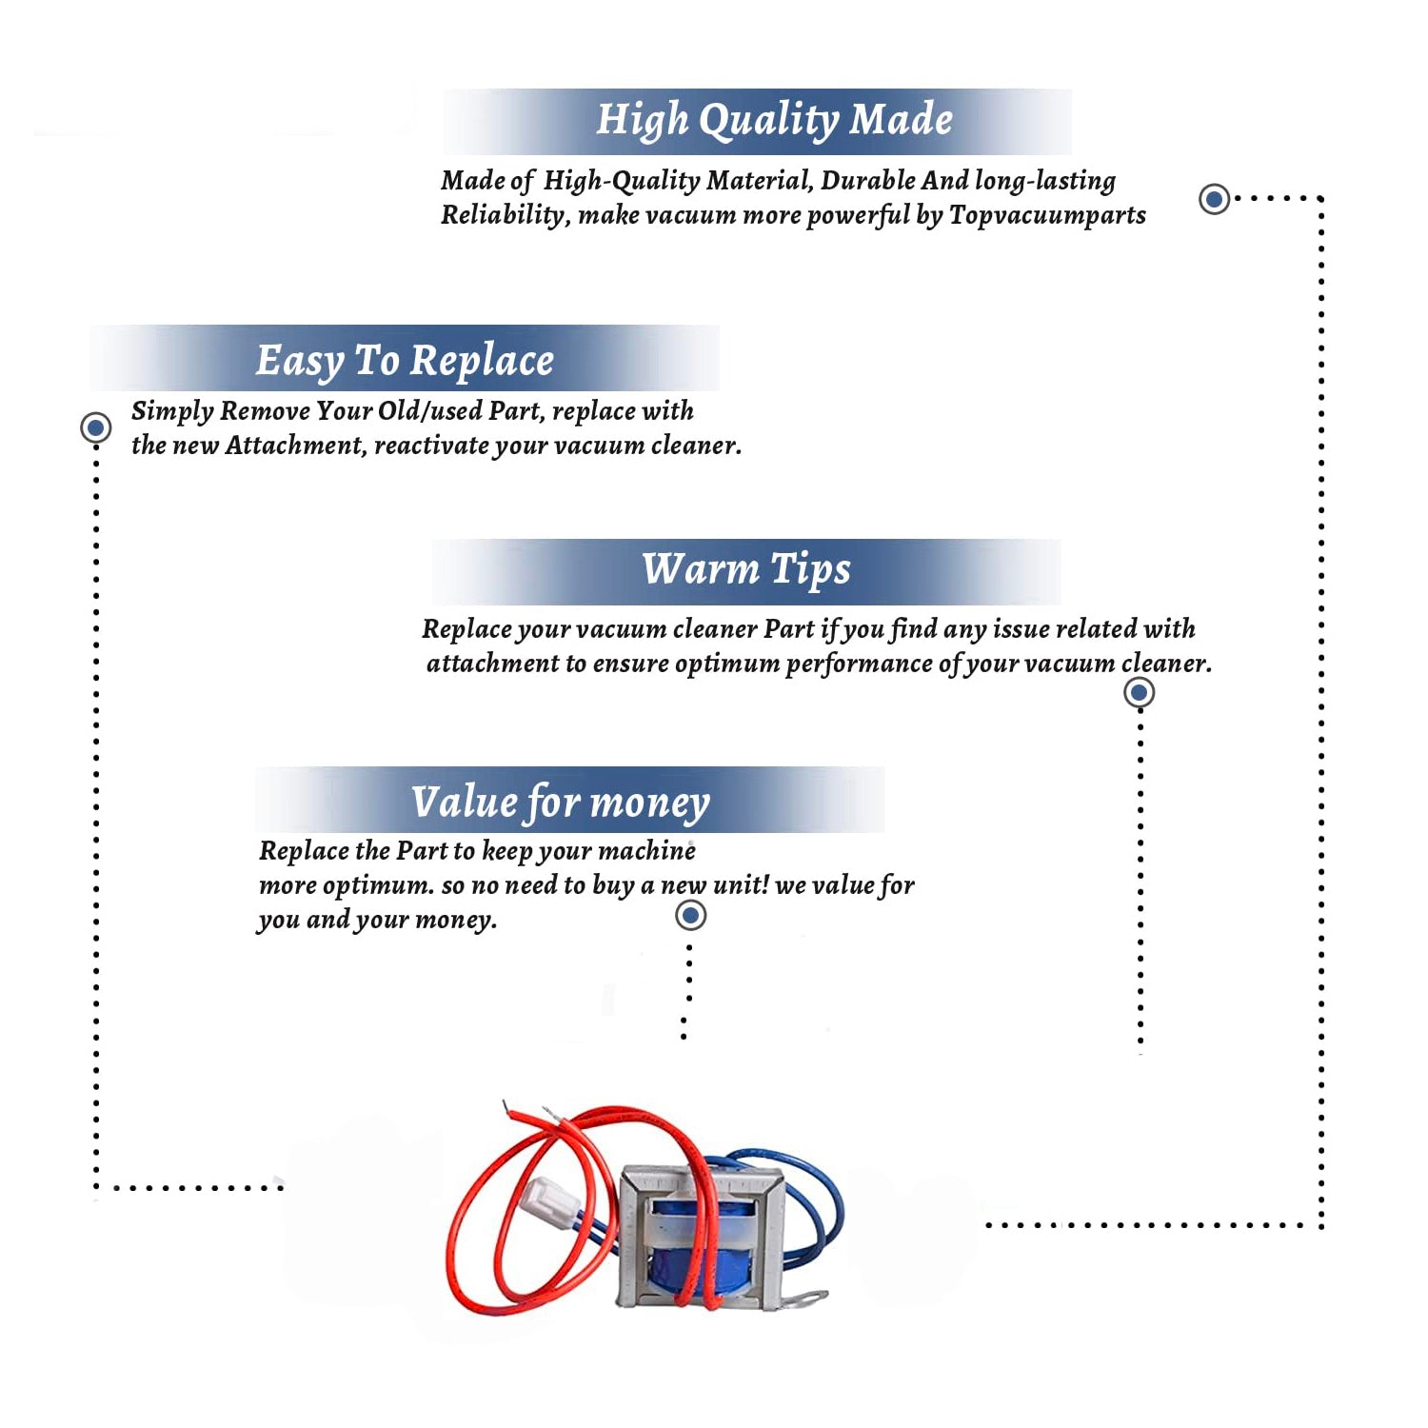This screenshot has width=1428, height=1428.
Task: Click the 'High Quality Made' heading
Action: click(x=774, y=121)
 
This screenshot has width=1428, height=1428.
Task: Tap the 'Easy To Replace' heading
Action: click(x=405, y=361)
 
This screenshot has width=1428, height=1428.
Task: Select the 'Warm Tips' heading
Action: click(x=746, y=569)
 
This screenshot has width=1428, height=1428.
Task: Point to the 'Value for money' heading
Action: click(x=561, y=802)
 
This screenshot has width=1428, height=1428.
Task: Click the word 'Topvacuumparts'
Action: click(x=1047, y=215)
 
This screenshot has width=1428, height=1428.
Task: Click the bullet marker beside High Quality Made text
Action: click(x=1214, y=199)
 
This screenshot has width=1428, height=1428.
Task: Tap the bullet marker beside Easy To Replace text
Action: click(x=95, y=427)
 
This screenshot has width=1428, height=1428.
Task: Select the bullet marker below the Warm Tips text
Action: click(x=1140, y=692)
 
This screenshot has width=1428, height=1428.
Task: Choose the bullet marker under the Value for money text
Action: click(x=690, y=916)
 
